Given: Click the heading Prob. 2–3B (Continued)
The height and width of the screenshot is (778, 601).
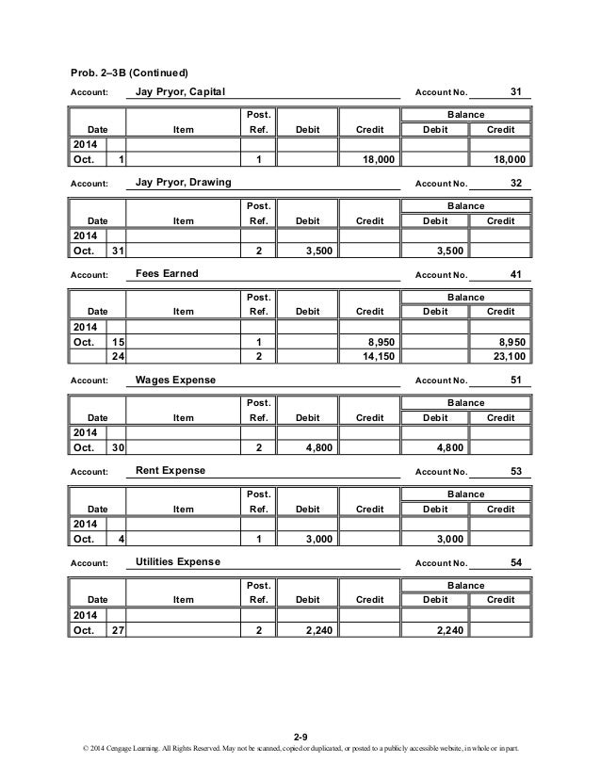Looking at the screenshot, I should click(x=130, y=73).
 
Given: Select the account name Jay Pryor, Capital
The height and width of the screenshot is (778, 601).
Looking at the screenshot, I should click(x=181, y=91).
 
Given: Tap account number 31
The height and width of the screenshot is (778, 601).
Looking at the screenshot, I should click(x=515, y=91).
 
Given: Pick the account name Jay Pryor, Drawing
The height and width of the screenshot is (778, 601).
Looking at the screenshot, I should click(x=184, y=182).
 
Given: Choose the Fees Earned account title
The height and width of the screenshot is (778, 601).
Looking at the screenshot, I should click(x=168, y=273).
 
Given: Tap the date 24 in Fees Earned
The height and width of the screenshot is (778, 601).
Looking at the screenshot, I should click(x=118, y=357).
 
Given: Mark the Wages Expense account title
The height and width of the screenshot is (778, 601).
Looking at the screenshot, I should click(x=176, y=380).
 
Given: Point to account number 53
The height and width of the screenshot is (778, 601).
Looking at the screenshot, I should click(x=515, y=470).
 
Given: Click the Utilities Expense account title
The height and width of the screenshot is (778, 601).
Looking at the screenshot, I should click(x=178, y=561).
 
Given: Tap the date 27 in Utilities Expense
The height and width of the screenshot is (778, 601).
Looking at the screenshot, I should click(x=118, y=630).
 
